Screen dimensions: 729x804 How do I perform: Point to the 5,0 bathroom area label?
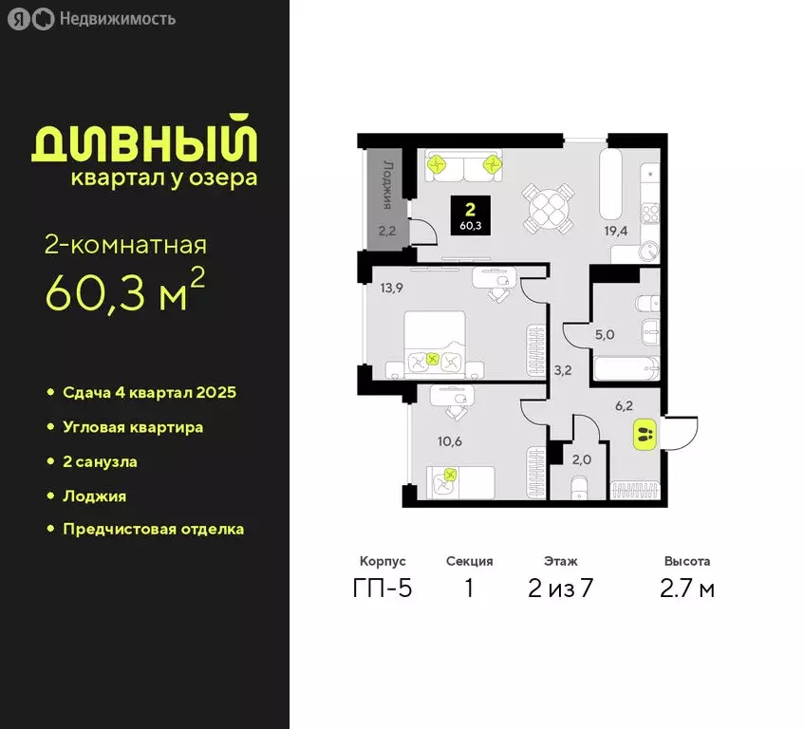[x=605, y=334]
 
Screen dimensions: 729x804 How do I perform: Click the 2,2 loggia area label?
[x=386, y=230]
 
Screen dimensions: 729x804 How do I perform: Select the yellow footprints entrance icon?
[x=642, y=437]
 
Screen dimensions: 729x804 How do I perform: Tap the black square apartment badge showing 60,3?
[x=471, y=216]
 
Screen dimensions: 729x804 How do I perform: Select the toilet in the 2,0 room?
[x=581, y=489]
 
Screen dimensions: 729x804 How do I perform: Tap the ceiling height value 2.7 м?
[x=687, y=589]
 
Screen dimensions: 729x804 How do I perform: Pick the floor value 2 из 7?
[x=560, y=589]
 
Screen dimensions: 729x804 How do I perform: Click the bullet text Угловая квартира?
[x=133, y=427]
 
